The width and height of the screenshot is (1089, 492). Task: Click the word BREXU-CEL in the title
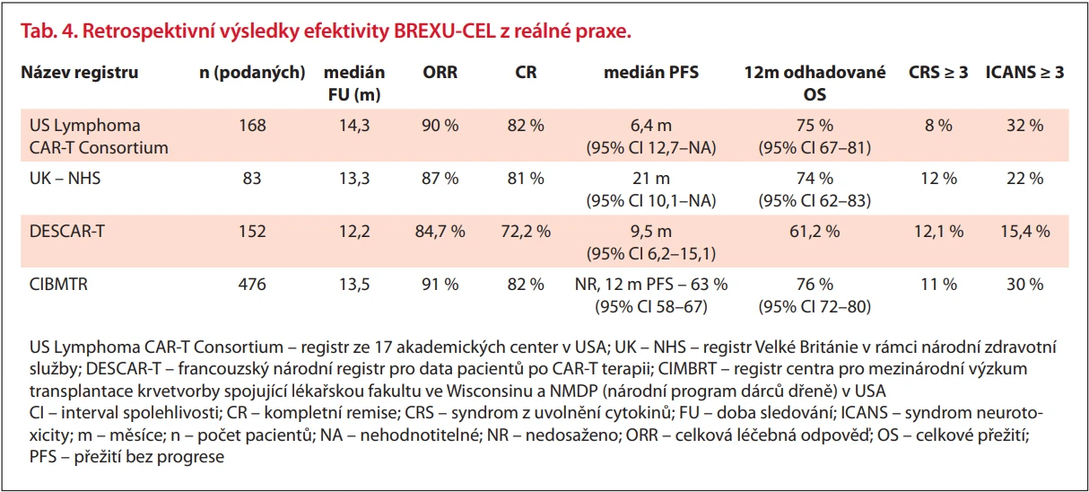coord(444,31)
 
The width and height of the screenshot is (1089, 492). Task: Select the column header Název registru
coord(79,73)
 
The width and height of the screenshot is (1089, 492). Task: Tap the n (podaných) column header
coord(252,73)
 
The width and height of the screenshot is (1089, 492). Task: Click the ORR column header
coord(440,73)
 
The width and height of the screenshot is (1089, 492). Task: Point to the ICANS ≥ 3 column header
coord(1024,73)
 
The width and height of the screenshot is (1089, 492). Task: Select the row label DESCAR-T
coord(67,231)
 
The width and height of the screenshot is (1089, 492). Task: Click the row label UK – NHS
coord(65,178)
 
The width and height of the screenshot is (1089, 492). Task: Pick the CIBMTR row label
coord(58,285)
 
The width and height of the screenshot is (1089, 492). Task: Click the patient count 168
coord(252,126)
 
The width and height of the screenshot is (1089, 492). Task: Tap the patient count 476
coord(252,285)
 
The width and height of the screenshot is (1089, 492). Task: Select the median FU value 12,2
coord(354,231)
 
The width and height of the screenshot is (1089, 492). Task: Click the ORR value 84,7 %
coord(440,231)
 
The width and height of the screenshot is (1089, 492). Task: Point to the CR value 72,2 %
coord(526,231)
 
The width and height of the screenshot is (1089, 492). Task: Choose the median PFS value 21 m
coord(651,178)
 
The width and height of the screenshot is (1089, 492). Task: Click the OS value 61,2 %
coord(815,231)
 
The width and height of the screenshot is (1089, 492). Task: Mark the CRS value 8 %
coord(938,126)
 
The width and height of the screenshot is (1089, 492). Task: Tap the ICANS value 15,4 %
coord(1024,231)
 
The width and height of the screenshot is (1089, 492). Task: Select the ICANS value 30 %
coord(1024,285)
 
